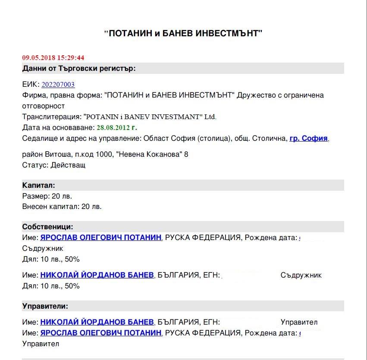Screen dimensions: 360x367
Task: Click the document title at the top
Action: coord(183,33)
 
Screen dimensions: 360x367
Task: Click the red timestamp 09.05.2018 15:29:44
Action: coord(53,57)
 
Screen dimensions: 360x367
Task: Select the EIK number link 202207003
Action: coord(58,85)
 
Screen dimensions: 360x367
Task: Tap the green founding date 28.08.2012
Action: coord(117,127)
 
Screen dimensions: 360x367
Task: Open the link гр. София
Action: coord(309,139)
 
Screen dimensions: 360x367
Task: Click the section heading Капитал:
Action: coord(38,185)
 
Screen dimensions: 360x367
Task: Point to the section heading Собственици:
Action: coord(47,227)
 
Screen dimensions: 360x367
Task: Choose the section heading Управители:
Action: coord(45,306)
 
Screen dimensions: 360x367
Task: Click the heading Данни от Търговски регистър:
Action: coord(79,68)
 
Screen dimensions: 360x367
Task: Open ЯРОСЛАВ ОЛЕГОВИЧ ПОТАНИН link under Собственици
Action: coord(101,237)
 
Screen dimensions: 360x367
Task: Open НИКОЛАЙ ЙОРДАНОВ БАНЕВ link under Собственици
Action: coord(97,275)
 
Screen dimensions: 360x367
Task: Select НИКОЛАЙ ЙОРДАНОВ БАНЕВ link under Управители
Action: coord(97,322)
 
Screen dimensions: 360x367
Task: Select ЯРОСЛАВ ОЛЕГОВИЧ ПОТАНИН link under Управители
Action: coord(101,333)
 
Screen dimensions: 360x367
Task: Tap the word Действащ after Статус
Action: coord(68,165)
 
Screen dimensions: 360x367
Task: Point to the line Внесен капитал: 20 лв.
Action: coord(62,206)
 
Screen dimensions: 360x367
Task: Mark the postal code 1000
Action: coord(106,154)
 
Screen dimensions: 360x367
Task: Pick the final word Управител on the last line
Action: coord(41,344)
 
